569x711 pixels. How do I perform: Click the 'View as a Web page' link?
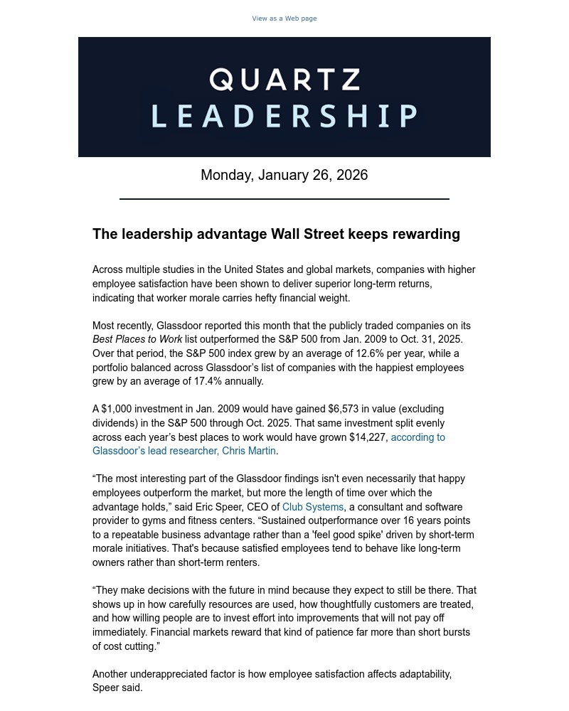point(284,18)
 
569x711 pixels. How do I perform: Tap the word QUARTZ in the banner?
point(284,80)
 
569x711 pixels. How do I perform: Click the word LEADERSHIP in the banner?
point(284,116)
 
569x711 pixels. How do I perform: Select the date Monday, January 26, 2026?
point(284,175)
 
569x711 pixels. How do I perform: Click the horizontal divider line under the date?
point(284,199)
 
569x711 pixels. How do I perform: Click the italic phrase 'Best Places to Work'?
point(137,339)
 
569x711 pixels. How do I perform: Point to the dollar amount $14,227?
point(368,437)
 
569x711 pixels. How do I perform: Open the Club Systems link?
point(313,507)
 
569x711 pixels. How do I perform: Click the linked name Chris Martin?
point(248,451)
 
